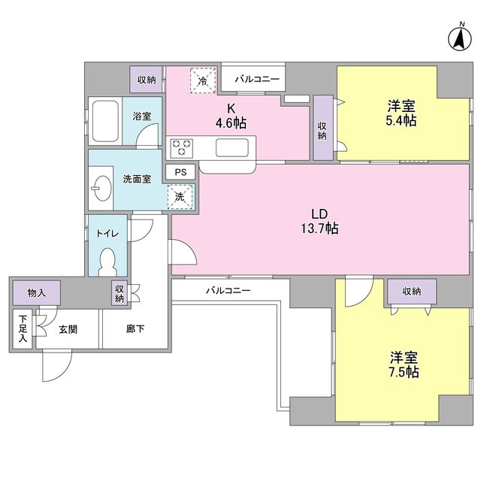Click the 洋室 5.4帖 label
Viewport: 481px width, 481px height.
(x=401, y=113)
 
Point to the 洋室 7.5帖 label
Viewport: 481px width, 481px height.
(x=404, y=364)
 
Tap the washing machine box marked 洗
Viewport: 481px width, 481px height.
(x=180, y=196)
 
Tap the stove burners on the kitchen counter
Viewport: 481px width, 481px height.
(x=182, y=148)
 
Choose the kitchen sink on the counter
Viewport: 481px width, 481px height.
(x=232, y=148)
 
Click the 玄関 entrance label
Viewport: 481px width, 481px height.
(x=67, y=329)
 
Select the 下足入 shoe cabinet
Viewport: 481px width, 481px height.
(x=23, y=329)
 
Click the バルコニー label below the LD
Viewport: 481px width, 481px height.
(x=228, y=289)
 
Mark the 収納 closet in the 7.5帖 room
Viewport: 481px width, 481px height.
(x=411, y=292)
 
